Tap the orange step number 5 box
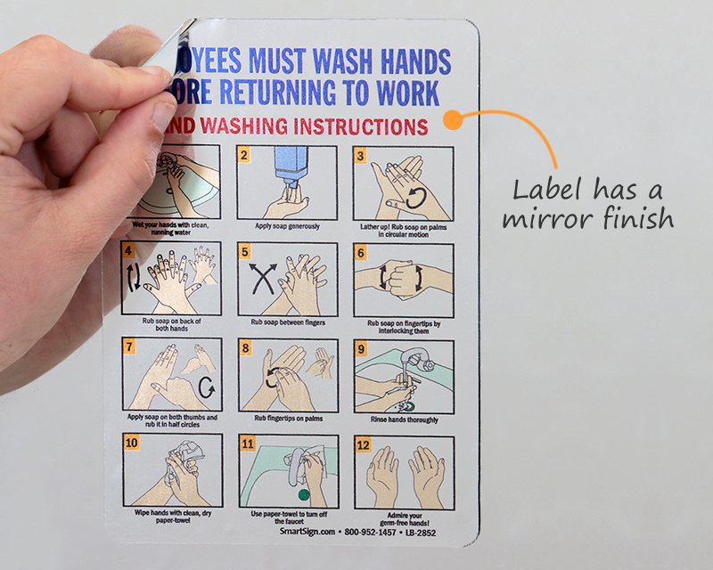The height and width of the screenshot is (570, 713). pyautogui.click(x=243, y=252)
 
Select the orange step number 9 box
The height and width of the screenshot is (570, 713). pyautogui.click(x=361, y=348)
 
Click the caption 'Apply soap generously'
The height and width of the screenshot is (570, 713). pyautogui.click(x=287, y=226)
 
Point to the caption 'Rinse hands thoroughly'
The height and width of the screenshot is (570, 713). pyautogui.click(x=403, y=419)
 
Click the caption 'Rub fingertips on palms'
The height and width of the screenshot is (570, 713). pyautogui.click(x=287, y=419)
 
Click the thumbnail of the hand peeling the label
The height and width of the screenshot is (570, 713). pyautogui.click(x=80, y=178)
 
